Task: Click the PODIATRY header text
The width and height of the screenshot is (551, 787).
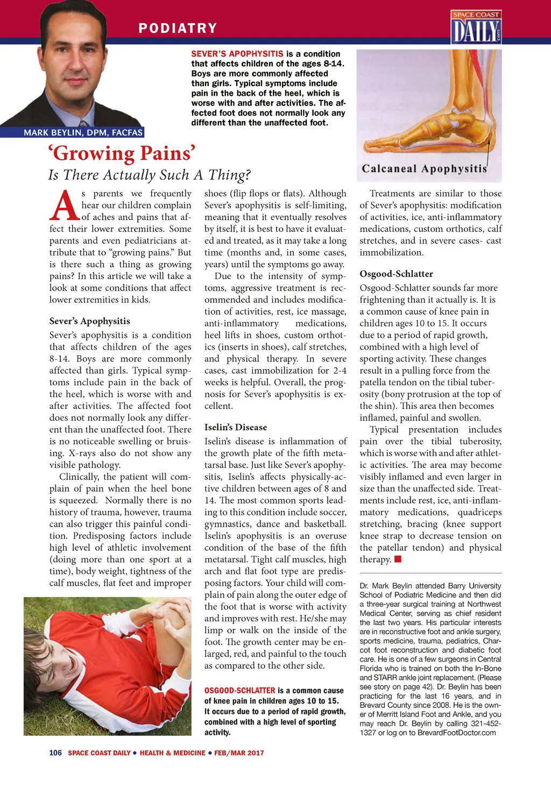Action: click(x=178, y=28)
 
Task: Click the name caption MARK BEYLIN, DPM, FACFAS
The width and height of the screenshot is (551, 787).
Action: click(x=83, y=132)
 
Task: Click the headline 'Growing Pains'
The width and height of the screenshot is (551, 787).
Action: click(x=122, y=153)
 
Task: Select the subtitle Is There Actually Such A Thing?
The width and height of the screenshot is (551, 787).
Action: click(x=150, y=175)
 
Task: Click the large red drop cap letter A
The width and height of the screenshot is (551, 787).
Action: click(x=65, y=205)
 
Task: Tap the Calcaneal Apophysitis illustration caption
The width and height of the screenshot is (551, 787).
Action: click(x=424, y=169)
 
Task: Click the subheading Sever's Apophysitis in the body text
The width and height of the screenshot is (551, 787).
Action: click(x=90, y=321)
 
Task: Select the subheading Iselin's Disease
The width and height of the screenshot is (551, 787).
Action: click(x=236, y=427)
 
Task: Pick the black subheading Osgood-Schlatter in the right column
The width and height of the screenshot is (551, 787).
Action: click(x=396, y=274)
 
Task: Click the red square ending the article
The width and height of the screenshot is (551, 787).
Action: click(x=398, y=559)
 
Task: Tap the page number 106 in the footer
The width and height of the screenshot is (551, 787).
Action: click(x=55, y=753)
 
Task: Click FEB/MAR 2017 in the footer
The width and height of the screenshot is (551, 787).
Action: click(x=239, y=753)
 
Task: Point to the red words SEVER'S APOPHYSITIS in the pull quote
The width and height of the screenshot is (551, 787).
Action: click(x=237, y=54)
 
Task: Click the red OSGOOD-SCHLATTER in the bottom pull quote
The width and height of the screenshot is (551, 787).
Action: click(x=239, y=690)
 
